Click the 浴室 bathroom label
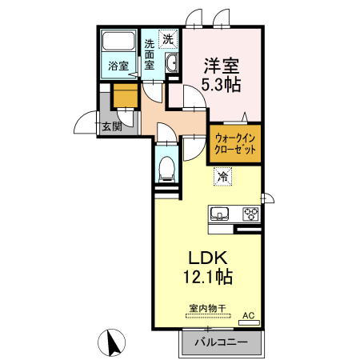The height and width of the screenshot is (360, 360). pyautogui.click(x=118, y=66)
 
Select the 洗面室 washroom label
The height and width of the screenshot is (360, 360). pyautogui.click(x=150, y=56)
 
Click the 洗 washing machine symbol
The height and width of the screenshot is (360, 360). pyautogui.click(x=168, y=38)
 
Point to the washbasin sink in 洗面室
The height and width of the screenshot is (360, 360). pyautogui.click(x=171, y=64)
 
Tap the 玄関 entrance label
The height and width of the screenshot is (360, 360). pyautogui.click(x=111, y=126)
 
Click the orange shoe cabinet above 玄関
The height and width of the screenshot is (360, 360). pyautogui.click(x=124, y=96)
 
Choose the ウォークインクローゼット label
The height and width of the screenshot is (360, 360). pyautogui.click(x=234, y=142)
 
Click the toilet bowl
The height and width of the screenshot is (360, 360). pyautogui.click(x=166, y=166)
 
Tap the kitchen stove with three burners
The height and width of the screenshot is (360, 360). pyautogui.click(x=250, y=214)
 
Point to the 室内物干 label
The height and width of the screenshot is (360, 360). pyautogui.click(x=207, y=307)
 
